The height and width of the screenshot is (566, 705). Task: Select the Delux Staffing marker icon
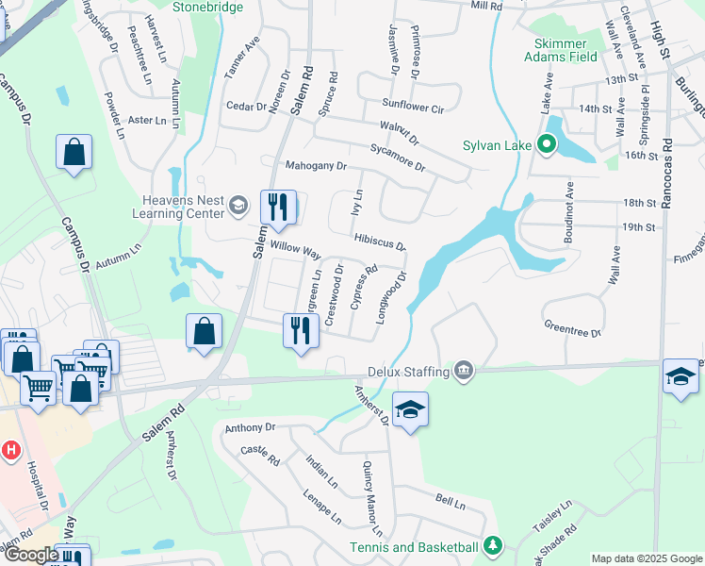coord(463,369)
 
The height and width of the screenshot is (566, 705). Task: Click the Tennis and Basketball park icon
coord(491,547)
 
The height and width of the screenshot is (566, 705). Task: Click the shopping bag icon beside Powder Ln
coord(74,153)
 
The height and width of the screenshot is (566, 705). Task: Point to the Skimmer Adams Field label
coord(566,50)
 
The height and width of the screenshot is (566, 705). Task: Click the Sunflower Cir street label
coord(412,108)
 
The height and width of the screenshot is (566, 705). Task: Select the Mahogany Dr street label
coord(316,166)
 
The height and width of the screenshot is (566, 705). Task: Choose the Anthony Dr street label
coord(250,427)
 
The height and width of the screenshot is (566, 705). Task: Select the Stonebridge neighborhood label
coord(208,8)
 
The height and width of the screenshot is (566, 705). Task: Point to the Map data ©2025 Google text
coord(647,558)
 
